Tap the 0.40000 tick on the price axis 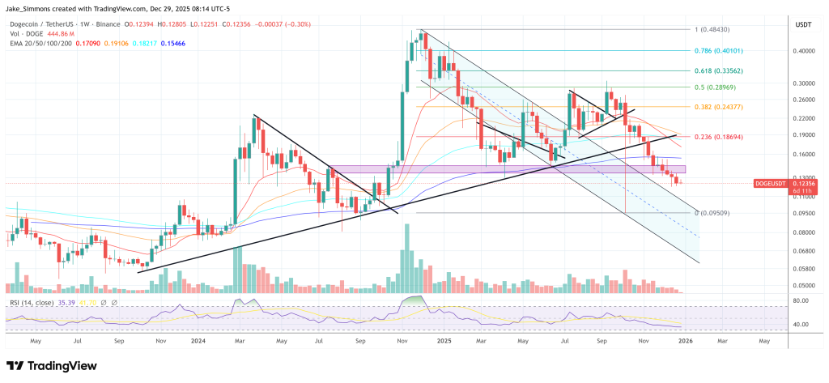pyautogui.click(x=804, y=50)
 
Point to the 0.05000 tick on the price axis pyautogui.click(x=804, y=286)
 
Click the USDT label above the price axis pyautogui.click(x=803, y=24)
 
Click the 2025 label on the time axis pyautogui.click(x=441, y=342)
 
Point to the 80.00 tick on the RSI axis pyautogui.click(x=801, y=300)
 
